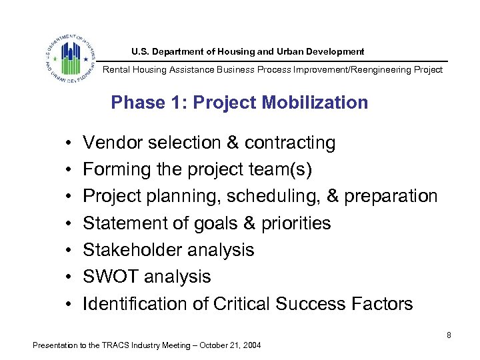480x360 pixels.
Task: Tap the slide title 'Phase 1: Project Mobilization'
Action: [239, 103]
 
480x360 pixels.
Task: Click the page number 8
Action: [449, 335]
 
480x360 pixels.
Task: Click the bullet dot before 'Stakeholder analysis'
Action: [69, 251]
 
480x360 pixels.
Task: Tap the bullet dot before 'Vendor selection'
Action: [69, 143]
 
